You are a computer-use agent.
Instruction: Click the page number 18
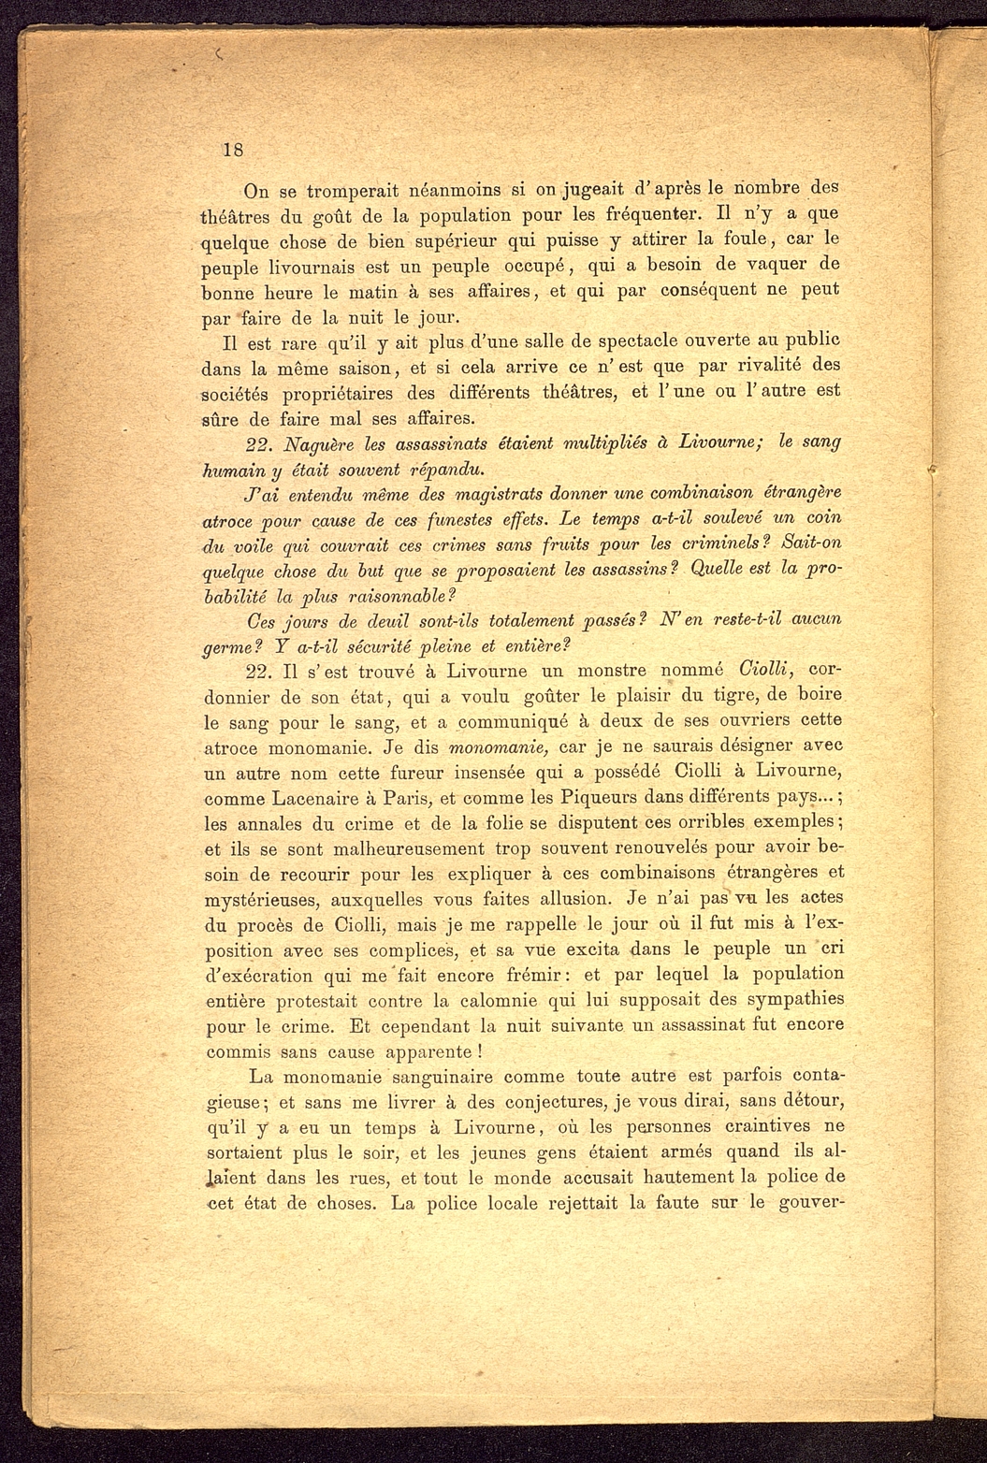pyautogui.click(x=233, y=151)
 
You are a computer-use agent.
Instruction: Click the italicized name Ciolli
pyautogui.click(x=766, y=670)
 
